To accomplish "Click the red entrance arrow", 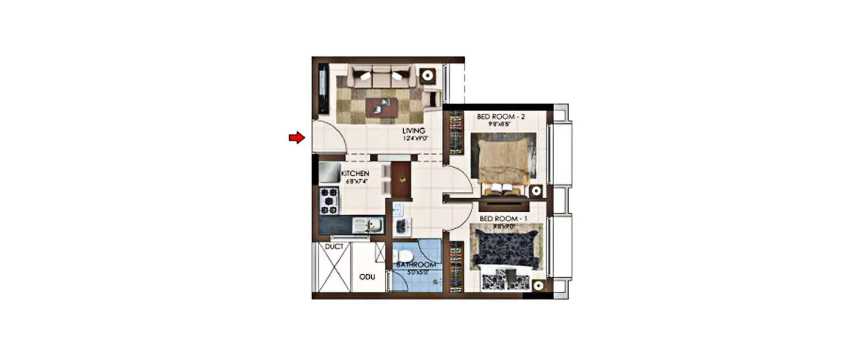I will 296,138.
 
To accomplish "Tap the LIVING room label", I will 414,131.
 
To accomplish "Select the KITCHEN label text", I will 355,173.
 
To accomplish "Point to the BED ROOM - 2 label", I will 502,116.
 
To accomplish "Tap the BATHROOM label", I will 415,265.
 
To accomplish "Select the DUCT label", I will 334,247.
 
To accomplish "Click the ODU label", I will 367,276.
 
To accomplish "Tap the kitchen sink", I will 365,224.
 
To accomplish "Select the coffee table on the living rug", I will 381,107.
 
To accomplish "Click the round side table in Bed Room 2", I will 536,191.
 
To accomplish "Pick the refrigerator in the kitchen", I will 330,172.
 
